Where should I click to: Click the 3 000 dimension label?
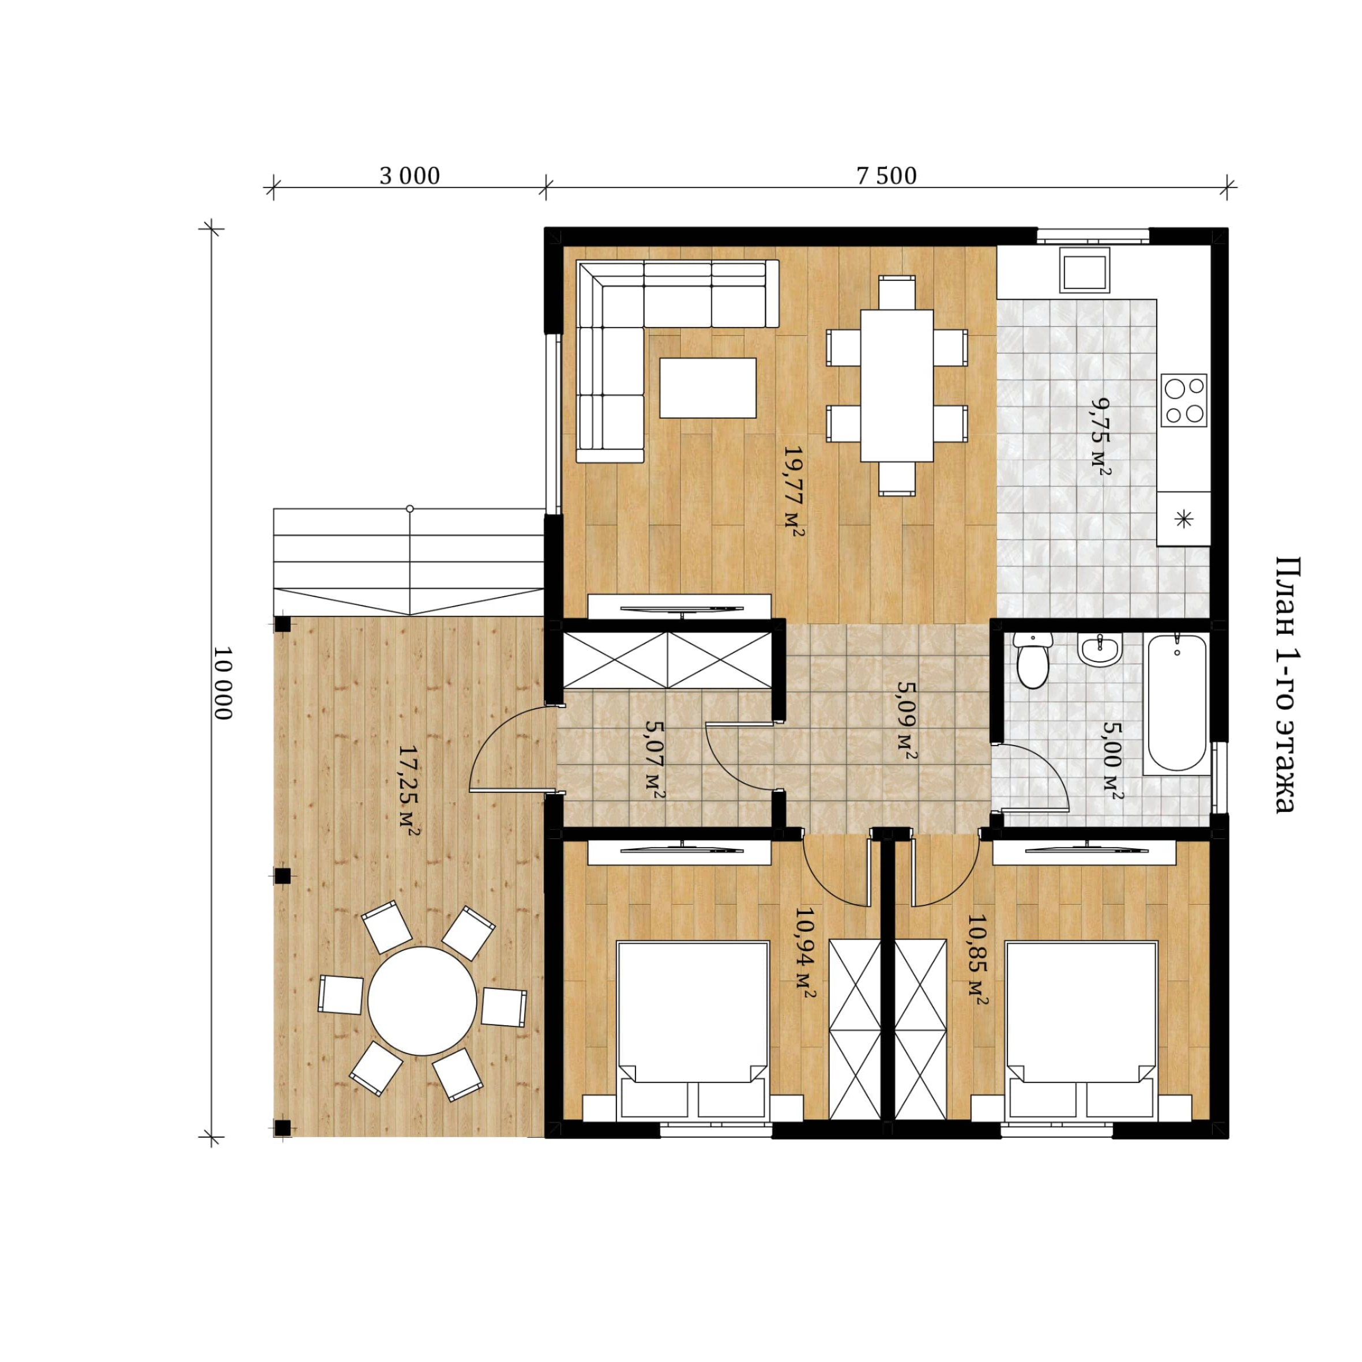409,175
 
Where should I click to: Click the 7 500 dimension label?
886,175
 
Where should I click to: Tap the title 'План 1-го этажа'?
1288,684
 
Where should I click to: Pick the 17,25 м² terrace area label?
409,790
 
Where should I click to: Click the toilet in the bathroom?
1033,659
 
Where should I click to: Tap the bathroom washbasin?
1100,649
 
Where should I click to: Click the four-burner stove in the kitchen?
1184,400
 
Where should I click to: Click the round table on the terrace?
422,1000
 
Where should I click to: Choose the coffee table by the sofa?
708,387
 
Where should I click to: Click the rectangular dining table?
897,386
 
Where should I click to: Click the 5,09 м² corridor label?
906,720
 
